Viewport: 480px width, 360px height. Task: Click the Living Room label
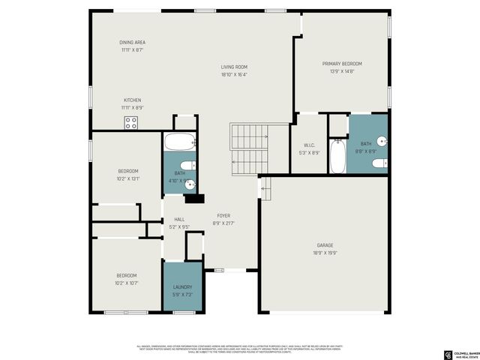(x=234, y=67)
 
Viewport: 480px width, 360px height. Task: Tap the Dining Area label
(x=131, y=42)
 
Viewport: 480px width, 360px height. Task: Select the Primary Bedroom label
(x=342, y=64)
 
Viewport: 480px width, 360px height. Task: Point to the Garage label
(x=324, y=245)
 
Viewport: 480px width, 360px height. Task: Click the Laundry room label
(x=182, y=286)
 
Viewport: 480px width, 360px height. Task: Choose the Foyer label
(x=223, y=215)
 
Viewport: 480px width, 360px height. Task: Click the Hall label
(x=179, y=219)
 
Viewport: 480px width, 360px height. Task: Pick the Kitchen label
(x=132, y=100)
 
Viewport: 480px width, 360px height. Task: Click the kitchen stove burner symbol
(x=131, y=123)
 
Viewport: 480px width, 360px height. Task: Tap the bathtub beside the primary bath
(x=337, y=155)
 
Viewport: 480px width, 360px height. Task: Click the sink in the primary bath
(x=381, y=139)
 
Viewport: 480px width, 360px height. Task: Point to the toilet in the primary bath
(x=381, y=163)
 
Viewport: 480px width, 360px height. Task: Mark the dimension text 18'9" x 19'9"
(x=324, y=253)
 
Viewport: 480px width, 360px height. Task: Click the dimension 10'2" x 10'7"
(x=127, y=283)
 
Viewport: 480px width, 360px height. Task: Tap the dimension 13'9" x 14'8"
(x=342, y=71)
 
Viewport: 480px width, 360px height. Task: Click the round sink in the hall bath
(x=190, y=183)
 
